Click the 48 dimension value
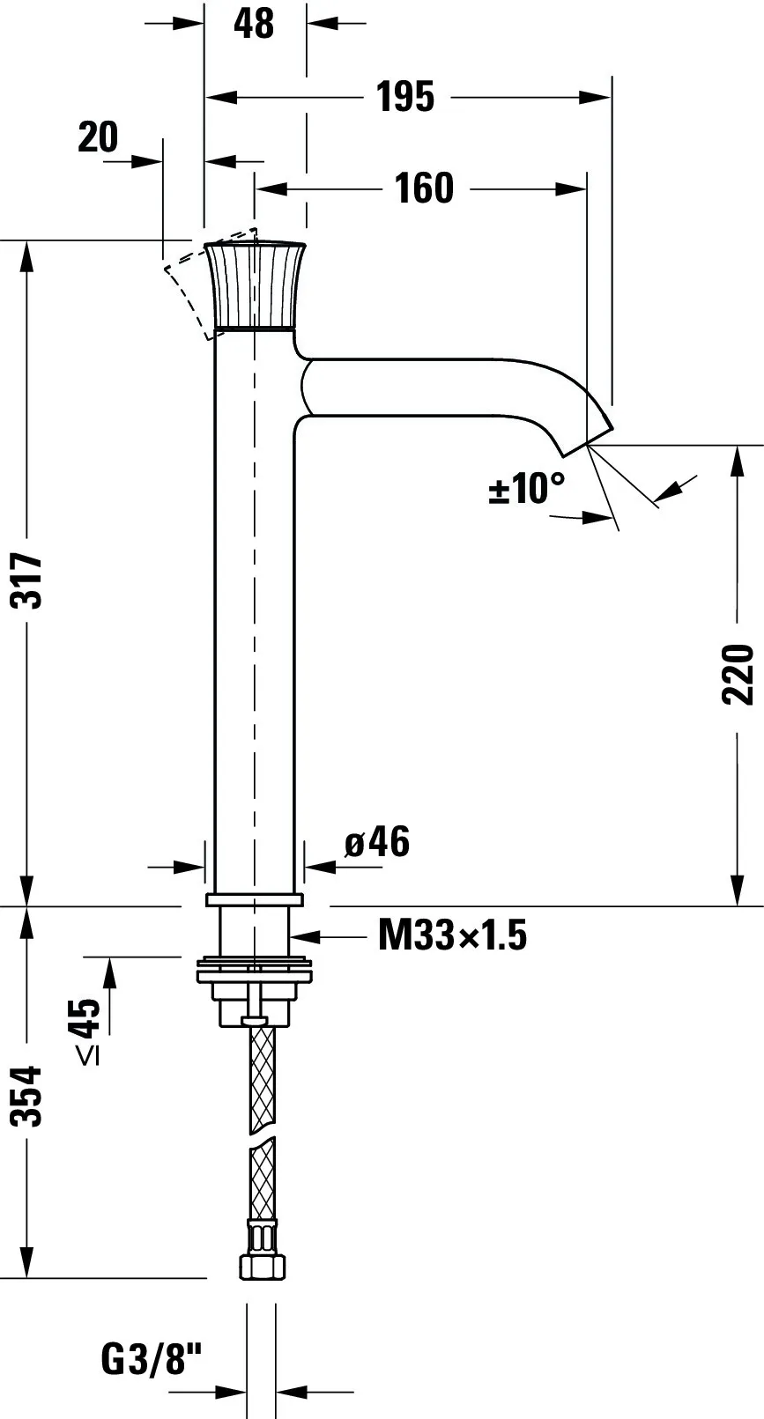point(254,24)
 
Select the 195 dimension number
point(405,97)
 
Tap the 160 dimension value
point(424,188)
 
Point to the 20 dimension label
point(98,137)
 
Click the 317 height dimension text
point(28,580)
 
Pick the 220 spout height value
point(738,675)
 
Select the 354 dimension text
point(28,1097)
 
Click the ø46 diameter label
point(377,842)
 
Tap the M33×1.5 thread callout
point(452,935)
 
